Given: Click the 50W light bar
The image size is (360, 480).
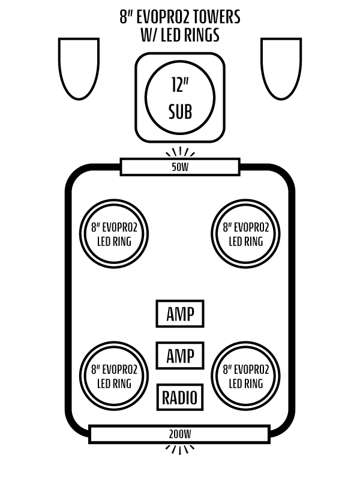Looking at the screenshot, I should point(180,167).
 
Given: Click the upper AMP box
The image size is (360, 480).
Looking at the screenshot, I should point(180,314).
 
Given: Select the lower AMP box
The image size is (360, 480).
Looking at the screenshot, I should point(180,355).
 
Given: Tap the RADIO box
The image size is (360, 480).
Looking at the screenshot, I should point(180,397).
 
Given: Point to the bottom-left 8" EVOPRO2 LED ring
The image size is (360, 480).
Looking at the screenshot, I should point(114,376).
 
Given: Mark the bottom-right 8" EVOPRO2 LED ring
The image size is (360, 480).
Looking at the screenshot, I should point(246,376).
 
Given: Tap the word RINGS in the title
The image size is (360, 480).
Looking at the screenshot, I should point(202,35).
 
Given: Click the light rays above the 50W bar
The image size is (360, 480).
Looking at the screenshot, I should point(180,151).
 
